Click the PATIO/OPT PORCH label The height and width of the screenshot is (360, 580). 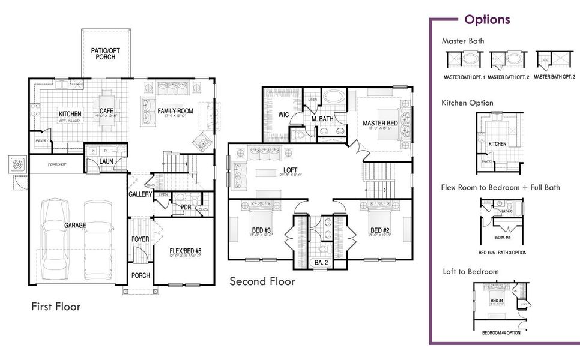(x=106, y=54)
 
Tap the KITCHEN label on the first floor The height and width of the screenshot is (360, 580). (x=70, y=114)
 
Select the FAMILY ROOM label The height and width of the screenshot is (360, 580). (x=175, y=111)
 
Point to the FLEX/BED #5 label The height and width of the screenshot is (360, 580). (x=183, y=251)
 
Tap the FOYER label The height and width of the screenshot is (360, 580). (x=140, y=239)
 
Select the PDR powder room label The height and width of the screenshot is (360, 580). (x=186, y=207)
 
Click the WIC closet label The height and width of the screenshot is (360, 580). (x=284, y=115)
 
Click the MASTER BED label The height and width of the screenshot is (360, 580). (x=380, y=123)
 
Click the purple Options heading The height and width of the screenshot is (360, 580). (x=487, y=19)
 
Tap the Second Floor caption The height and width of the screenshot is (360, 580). (x=262, y=281)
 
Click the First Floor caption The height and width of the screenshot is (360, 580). (x=56, y=307)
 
